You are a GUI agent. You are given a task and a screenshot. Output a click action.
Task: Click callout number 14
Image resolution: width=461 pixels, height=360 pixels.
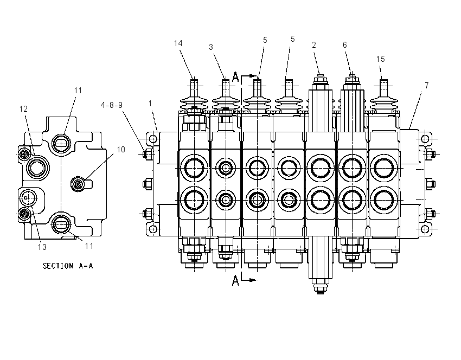point(178,43)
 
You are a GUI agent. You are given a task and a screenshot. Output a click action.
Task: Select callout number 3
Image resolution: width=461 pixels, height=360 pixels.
point(211,47)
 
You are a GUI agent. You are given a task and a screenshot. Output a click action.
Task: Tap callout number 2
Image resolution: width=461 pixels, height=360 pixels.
point(314,45)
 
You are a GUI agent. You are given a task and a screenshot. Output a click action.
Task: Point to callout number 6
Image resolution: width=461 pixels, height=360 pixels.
point(345,45)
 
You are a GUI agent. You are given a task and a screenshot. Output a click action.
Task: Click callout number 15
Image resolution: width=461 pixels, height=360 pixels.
point(380,59)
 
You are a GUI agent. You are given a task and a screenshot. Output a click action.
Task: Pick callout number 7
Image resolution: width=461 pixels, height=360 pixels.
point(427,86)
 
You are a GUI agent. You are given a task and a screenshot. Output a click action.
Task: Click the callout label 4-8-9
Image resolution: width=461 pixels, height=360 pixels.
point(111,105)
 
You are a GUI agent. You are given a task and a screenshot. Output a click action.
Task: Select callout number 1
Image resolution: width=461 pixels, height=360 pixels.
point(150,104)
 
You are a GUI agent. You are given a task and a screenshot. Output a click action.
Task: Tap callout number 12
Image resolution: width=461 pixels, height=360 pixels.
point(23,109)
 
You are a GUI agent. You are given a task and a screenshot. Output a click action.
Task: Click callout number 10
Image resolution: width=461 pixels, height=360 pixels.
point(121,150)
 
